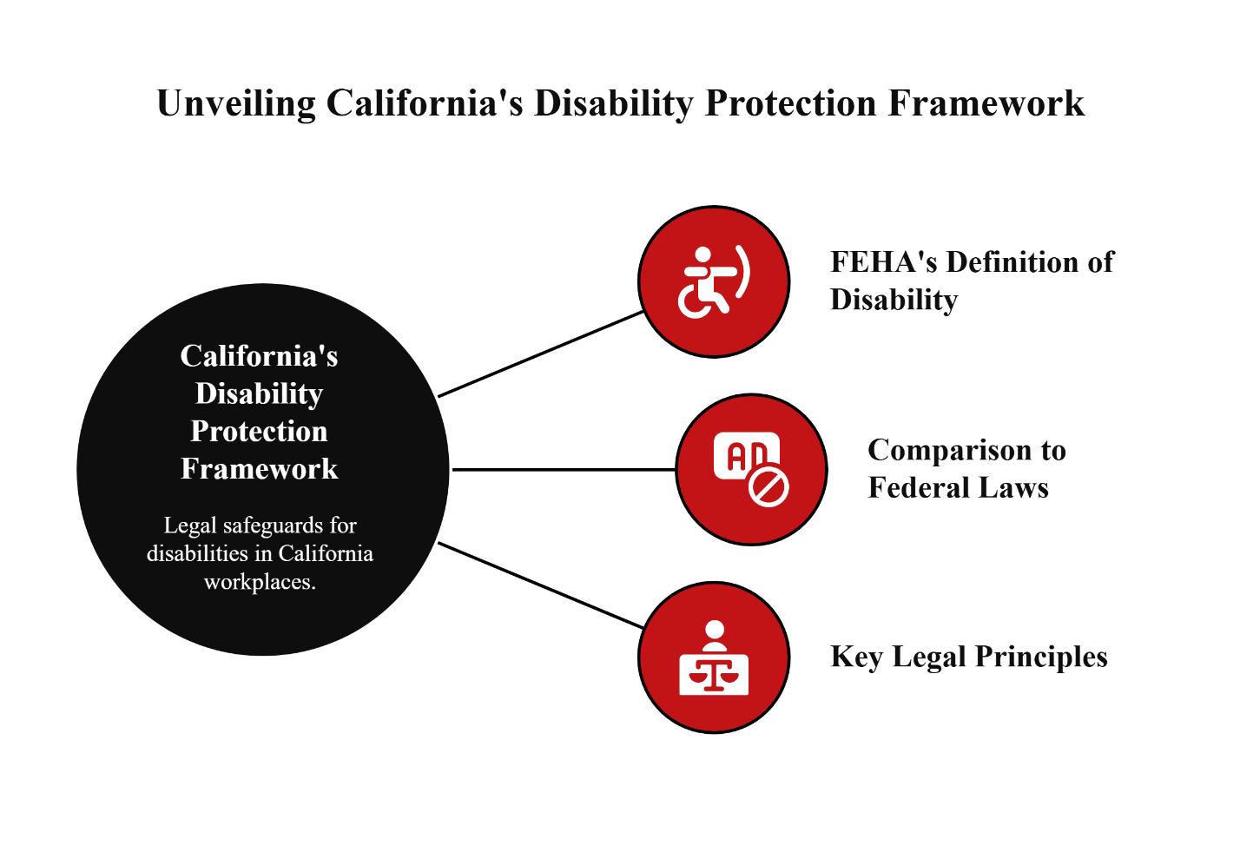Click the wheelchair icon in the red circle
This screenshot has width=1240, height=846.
point(713,281)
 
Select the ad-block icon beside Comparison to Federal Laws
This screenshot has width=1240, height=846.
point(751,470)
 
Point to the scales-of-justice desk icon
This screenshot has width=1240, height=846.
point(714,658)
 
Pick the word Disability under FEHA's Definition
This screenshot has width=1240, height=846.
point(894,300)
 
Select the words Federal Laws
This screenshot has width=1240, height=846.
point(958,487)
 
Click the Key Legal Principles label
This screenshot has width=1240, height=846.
point(968,656)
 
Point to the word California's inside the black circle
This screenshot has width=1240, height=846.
point(259,355)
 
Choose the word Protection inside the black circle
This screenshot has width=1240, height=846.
point(259,431)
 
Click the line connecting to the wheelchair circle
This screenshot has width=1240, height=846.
point(540,354)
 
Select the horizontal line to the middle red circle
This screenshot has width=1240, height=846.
point(564,470)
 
